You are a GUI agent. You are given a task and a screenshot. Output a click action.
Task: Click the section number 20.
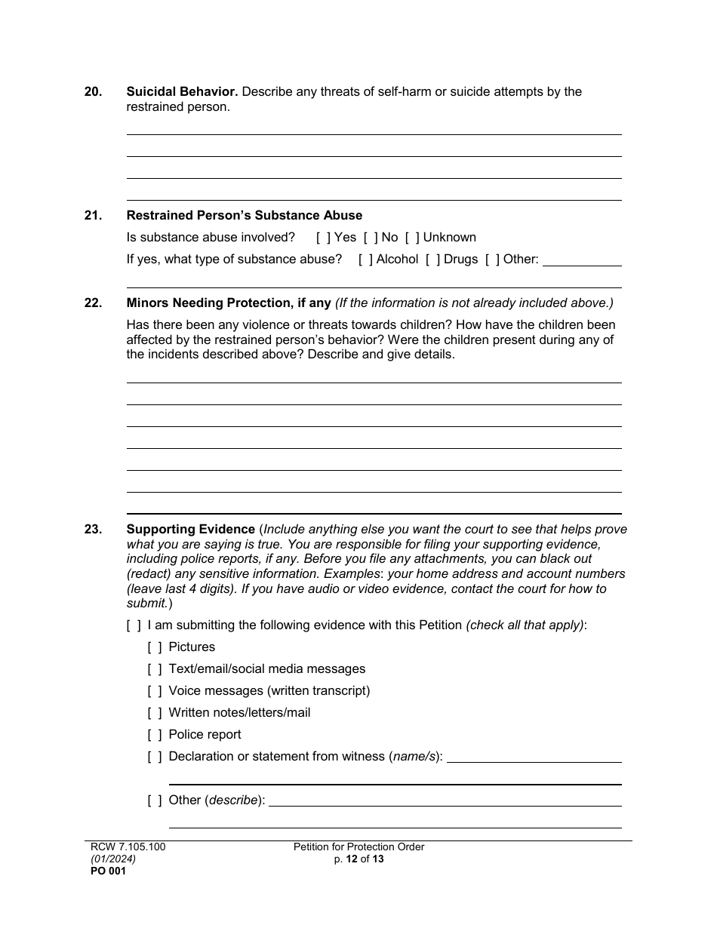coord(93,92)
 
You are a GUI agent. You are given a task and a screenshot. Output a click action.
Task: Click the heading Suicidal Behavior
coord(182,92)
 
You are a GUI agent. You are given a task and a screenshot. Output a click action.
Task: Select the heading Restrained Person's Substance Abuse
coord(244,216)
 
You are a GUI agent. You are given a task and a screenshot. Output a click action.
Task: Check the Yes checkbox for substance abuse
coord(323,238)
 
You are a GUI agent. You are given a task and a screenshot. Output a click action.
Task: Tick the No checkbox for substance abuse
coord(371,238)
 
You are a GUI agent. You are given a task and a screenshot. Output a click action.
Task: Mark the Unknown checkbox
coord(412,238)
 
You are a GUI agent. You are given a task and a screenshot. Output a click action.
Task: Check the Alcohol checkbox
coord(365,260)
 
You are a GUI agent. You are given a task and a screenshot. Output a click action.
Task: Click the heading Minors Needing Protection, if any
coord(229,303)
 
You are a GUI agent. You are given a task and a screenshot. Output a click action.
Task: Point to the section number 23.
coord(93,530)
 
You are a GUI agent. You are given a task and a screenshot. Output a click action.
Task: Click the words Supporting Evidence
coord(191,530)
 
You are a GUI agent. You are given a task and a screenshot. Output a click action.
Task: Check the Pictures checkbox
coord(155,647)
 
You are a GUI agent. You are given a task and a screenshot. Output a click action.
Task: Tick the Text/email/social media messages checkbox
coord(155,669)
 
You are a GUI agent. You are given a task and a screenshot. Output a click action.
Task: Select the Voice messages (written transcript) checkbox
coord(155,691)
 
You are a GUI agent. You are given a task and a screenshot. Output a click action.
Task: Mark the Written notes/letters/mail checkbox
coord(155,713)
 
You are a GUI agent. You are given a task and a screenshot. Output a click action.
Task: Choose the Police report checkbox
coord(155,735)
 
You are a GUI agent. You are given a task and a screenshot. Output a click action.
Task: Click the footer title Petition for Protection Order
coord(358,847)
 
